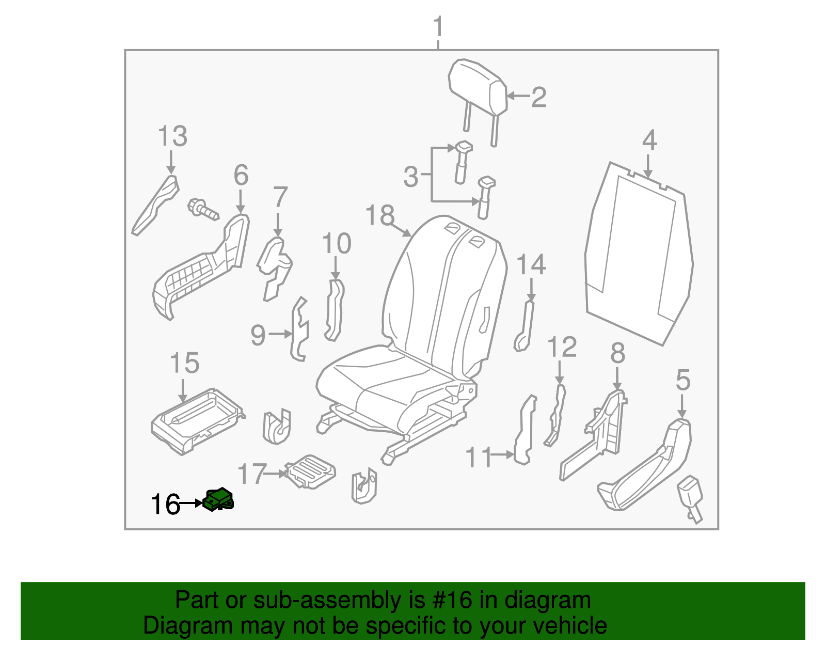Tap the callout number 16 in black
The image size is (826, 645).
coord(165,505)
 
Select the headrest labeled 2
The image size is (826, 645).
coord(478,88)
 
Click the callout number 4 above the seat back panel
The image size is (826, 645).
coord(649,140)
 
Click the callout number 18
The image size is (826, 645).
coord(379,215)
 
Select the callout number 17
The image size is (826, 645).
coord(252,474)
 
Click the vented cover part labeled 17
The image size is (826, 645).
coord(310,470)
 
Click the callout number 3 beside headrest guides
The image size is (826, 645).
coord(411,177)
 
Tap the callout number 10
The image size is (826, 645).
coord(337,243)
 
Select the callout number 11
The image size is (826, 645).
coord(480,458)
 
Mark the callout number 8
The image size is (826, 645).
coord(617,354)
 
